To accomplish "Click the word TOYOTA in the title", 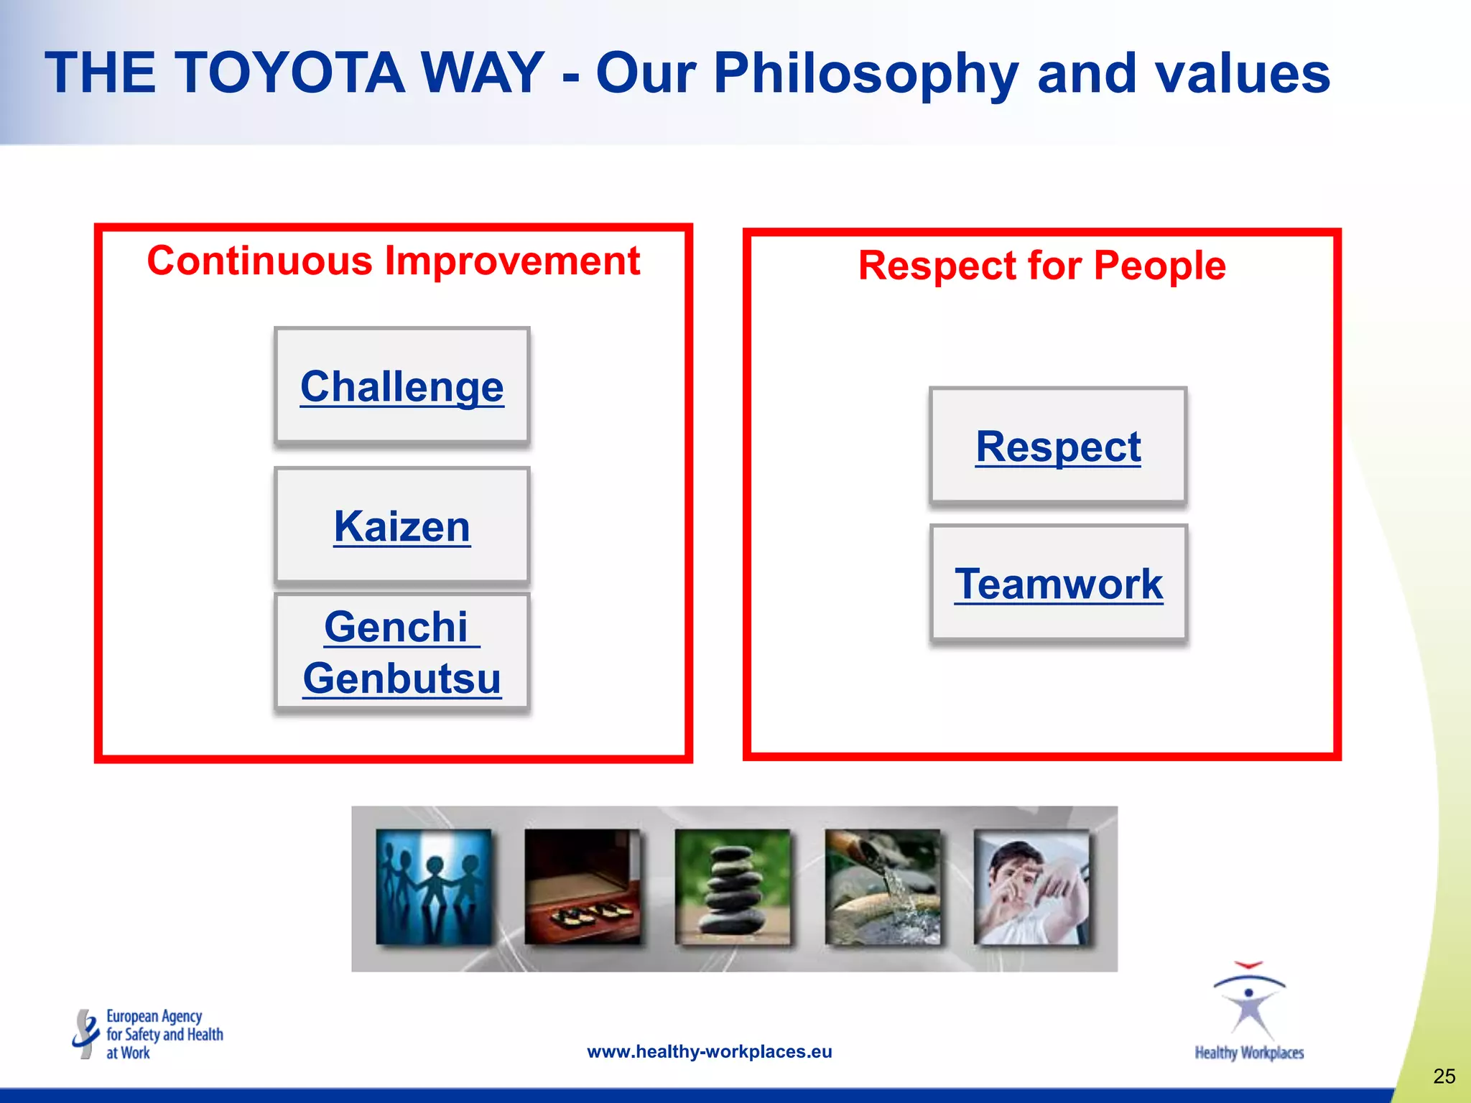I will [289, 73].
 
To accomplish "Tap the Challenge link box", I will [402, 387].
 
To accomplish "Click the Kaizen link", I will [402, 526].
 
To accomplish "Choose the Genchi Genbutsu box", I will [402, 652].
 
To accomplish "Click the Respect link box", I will [1057, 447].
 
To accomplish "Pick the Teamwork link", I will [1058, 584].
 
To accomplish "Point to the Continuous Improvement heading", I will [393, 260].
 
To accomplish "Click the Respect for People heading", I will [1041, 266].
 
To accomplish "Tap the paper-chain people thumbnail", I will [433, 888].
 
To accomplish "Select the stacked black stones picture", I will [732, 888].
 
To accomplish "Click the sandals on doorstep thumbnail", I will [582, 888].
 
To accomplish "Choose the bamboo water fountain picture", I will [883, 888].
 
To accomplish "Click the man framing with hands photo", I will [1031, 888].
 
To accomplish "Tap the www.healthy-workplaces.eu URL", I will [709, 1052].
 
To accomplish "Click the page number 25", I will [1444, 1076].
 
